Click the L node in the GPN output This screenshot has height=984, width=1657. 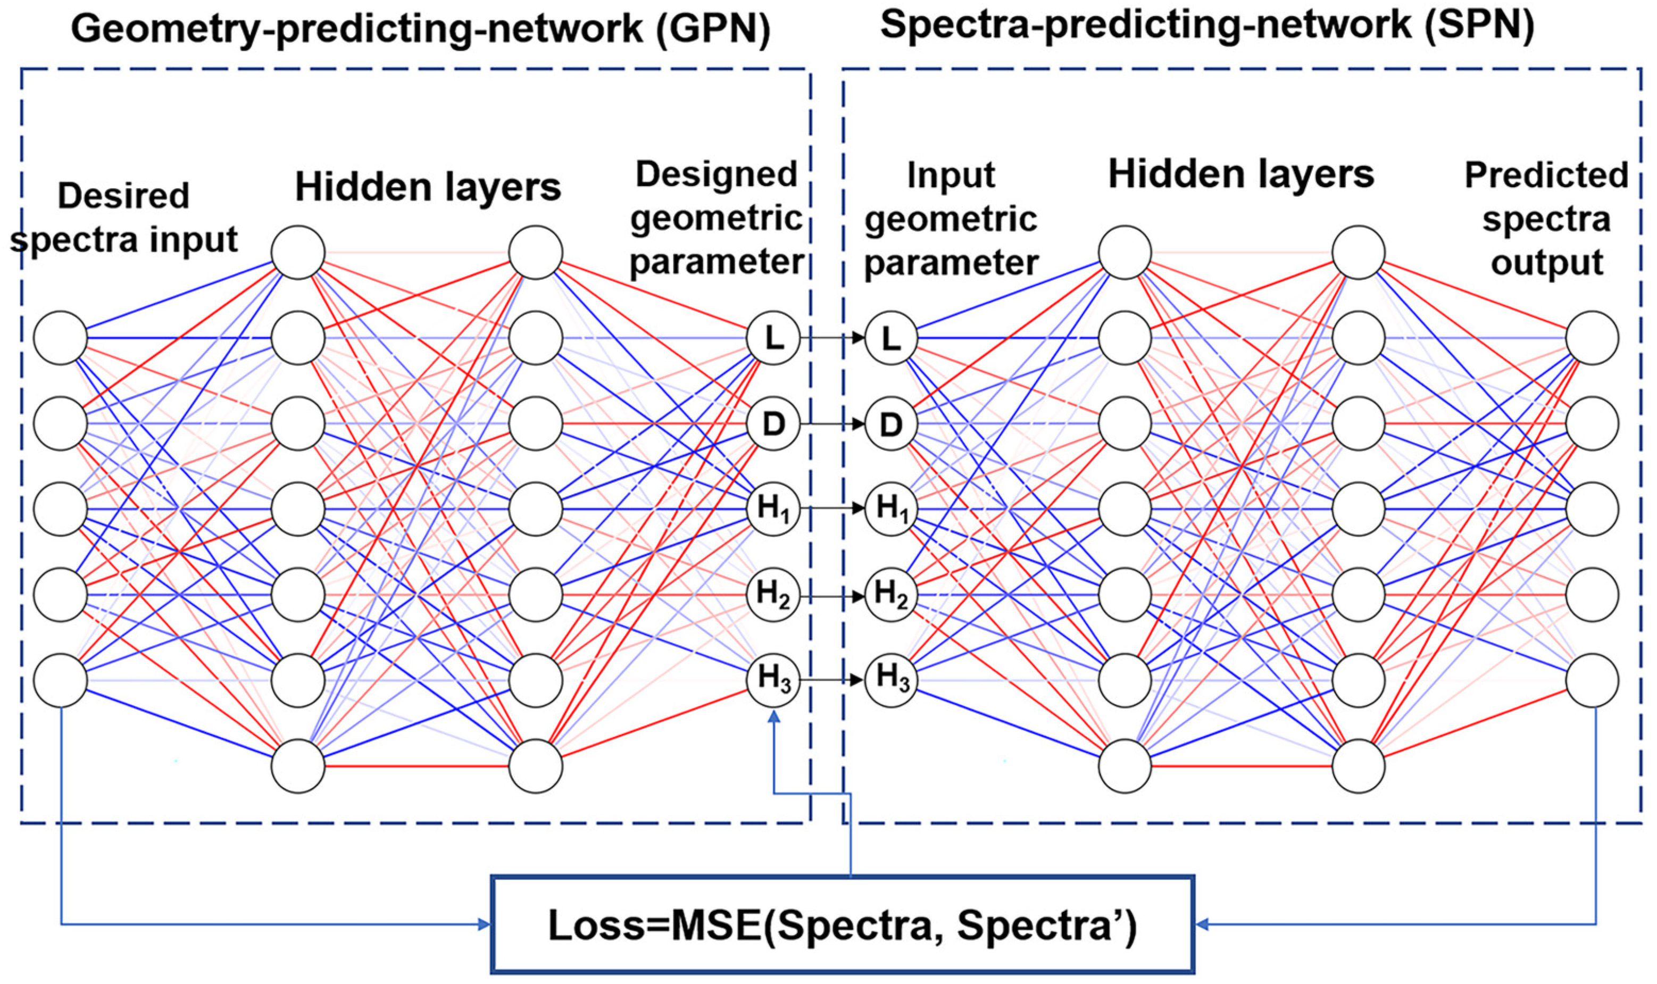773,338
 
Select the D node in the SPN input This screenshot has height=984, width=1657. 891,424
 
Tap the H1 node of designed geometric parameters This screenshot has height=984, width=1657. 773,508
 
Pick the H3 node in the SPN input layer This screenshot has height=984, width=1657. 891,680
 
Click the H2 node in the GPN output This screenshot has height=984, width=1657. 773,594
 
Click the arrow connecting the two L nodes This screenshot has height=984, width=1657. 832,338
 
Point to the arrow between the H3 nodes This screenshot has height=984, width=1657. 832,680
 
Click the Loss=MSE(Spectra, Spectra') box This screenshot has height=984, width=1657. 842,925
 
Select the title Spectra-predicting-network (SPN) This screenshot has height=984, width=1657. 1207,25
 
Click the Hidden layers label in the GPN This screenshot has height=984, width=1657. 428,187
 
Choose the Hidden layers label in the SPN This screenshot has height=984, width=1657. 1240,175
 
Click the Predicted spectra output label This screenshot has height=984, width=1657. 1546,219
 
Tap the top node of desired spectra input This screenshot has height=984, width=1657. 60,338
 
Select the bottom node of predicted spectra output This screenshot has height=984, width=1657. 1592,680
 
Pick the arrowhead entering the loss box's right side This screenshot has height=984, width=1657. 1202,924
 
